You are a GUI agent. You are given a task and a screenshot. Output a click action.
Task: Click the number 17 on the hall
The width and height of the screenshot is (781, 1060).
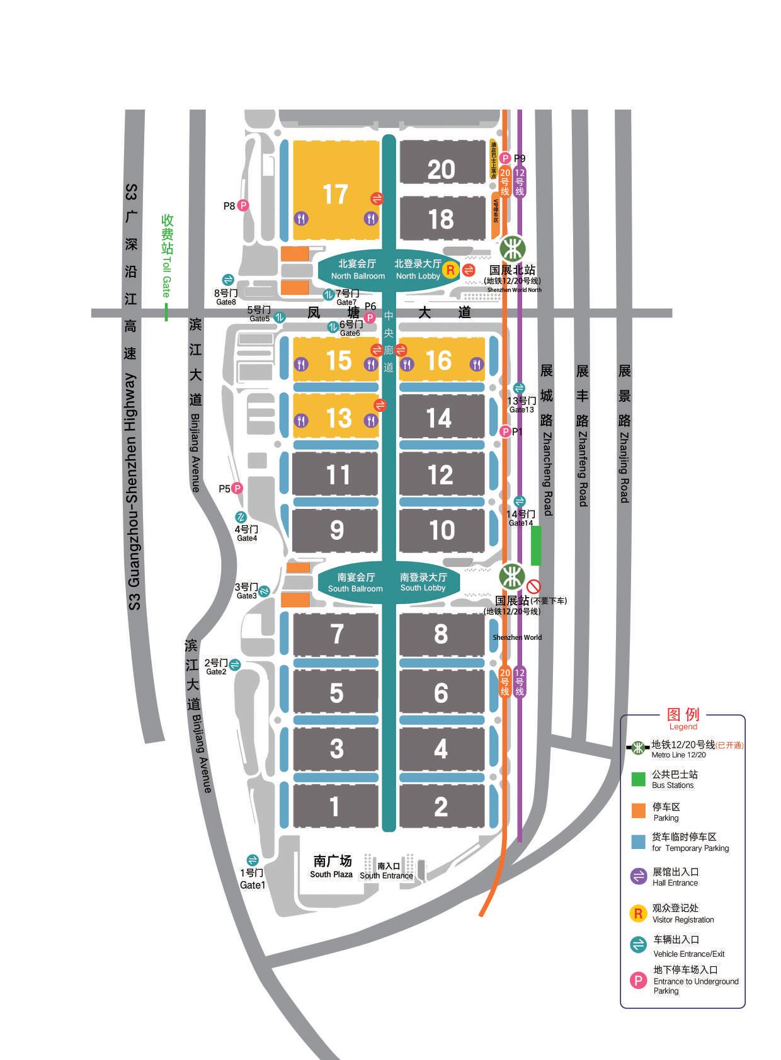point(335,194)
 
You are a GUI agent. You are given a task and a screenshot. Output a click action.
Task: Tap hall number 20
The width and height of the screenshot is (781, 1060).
point(441,169)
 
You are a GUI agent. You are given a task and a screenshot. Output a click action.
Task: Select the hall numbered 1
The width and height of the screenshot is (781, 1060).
point(334,806)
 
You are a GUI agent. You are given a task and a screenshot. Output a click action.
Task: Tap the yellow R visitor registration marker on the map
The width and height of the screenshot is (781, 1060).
point(450,270)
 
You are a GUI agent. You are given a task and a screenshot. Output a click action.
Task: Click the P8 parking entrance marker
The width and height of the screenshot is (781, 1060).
point(242,205)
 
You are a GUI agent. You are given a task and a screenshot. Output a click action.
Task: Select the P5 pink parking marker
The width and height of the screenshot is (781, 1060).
point(237,488)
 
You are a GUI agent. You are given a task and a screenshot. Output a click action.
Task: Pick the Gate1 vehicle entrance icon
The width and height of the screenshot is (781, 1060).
point(253,860)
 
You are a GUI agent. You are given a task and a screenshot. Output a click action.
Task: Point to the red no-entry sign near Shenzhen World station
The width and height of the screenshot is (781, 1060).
point(533,586)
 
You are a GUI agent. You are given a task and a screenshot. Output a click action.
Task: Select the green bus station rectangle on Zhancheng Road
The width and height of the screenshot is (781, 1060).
point(536,545)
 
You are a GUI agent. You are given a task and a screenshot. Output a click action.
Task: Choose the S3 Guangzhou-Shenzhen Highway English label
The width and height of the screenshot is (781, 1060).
point(134,491)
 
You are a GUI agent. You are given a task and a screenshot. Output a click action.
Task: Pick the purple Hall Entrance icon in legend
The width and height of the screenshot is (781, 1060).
point(639,876)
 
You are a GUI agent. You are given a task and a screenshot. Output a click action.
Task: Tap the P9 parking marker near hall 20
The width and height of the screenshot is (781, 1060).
point(505,158)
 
